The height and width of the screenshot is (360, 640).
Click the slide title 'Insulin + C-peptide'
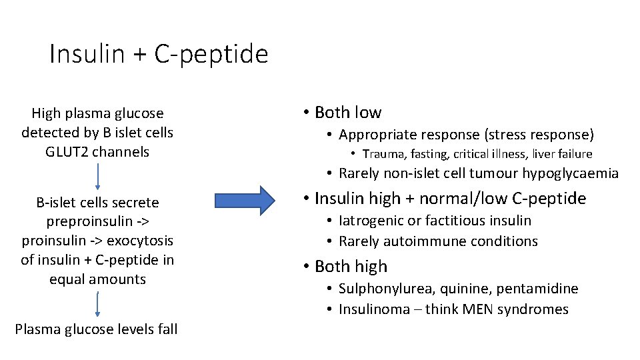point(159,54)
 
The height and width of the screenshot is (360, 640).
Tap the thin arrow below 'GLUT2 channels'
point(98,176)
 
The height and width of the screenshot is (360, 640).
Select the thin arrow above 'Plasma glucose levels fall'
point(98,304)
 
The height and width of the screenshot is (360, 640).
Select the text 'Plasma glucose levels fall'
point(96,329)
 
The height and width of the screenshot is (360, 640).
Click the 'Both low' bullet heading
point(347,112)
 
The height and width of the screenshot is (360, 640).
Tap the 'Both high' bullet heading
point(350,266)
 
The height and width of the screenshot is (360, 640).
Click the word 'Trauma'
point(382,155)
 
